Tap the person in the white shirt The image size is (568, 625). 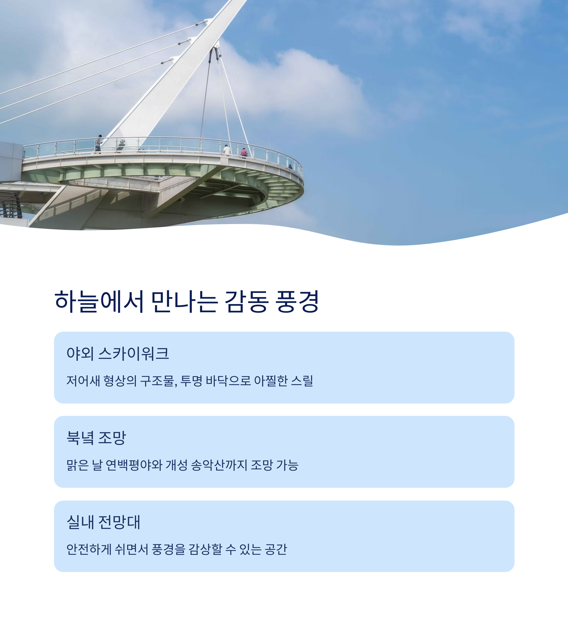click(227, 150)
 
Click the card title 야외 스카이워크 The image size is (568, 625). click(118, 353)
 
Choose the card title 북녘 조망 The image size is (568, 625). click(96, 438)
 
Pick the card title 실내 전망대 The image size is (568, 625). click(103, 522)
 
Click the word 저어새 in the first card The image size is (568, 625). click(83, 381)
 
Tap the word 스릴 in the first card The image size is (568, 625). click(302, 381)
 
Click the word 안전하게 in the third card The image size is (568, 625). click(89, 549)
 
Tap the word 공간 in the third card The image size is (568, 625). click(276, 549)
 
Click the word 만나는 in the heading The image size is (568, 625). click(184, 301)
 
